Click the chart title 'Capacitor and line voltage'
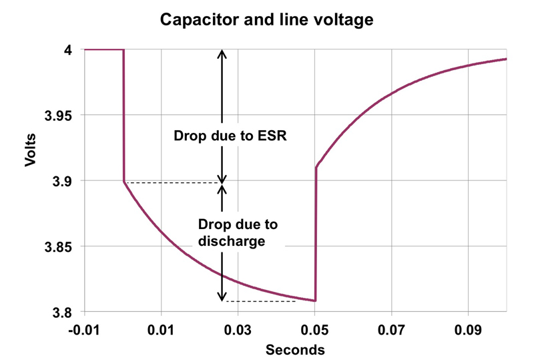click(x=266, y=20)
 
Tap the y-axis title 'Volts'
click(x=30, y=150)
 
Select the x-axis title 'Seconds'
click(x=295, y=350)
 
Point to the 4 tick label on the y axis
click(x=68, y=50)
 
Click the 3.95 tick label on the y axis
click(x=58, y=116)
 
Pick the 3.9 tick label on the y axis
click(x=62, y=182)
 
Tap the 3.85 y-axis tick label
click(x=58, y=247)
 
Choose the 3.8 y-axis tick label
click(x=62, y=313)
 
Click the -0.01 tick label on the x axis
click(x=84, y=330)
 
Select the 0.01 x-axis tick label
click(x=161, y=330)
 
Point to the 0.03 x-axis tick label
click(x=238, y=330)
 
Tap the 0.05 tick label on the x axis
click(x=314, y=330)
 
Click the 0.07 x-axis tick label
click(x=392, y=330)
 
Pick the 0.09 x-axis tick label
click(x=469, y=330)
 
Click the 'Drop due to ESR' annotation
click(x=230, y=136)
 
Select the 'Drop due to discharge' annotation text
click(x=238, y=233)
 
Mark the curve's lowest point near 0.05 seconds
click(x=315, y=301)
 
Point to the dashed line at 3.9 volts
click(x=174, y=183)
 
